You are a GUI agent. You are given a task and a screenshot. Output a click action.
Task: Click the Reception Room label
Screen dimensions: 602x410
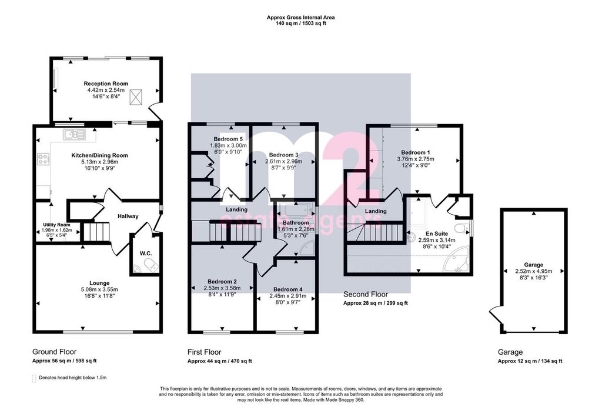coord(106,84)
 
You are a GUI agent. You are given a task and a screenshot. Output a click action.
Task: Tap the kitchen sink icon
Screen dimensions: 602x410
coord(75,134)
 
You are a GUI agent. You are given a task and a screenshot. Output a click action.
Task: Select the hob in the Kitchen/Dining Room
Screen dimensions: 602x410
coord(43,159)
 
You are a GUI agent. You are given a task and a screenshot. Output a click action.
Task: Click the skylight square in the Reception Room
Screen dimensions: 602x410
coord(136,96)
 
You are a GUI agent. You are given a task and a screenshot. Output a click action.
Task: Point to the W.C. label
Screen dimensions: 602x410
coord(146,253)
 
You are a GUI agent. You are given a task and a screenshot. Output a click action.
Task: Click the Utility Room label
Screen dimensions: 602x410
coord(57,225)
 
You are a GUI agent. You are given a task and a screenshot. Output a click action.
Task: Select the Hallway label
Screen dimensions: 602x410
coord(128,216)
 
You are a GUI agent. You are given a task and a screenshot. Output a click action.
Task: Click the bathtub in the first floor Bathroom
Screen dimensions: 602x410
coord(295,210)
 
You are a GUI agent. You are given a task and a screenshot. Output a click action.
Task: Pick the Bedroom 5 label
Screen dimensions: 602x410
coord(229,139)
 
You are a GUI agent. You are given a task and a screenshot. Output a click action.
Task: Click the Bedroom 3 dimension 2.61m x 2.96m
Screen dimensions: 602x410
coord(284,161)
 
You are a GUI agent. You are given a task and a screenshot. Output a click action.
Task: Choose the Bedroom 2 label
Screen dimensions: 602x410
coord(222,282)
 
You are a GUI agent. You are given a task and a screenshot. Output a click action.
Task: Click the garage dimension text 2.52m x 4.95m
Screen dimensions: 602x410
coord(534,271)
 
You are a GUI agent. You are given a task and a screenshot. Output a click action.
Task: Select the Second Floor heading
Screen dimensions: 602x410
coord(366,294)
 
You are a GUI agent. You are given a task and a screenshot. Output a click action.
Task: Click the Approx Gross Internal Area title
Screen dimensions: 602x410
coord(301,17)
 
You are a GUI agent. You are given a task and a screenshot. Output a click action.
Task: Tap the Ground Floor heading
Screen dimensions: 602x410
coord(55,352)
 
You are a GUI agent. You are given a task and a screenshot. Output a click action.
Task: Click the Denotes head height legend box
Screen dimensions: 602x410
coord(34,378)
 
